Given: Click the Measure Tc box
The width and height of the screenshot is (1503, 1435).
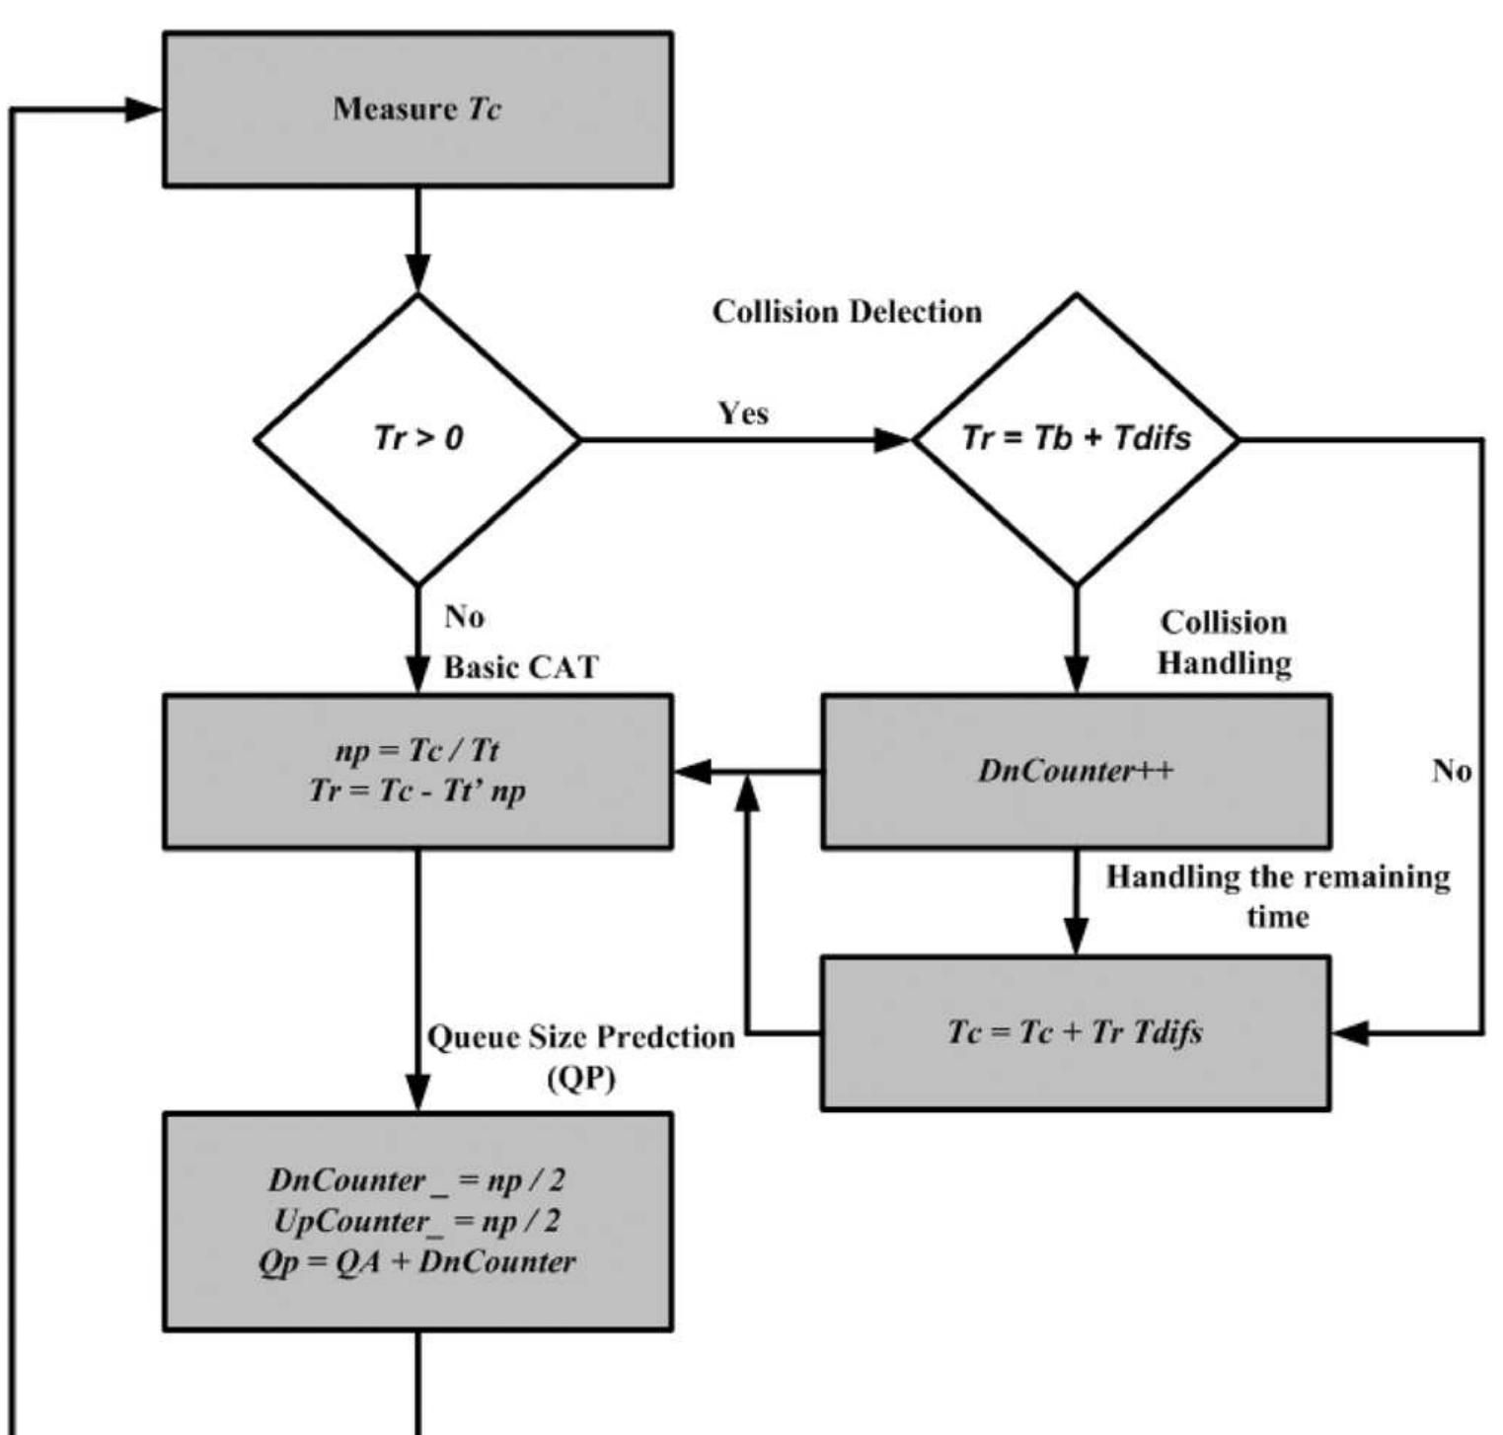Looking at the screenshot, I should click(417, 109).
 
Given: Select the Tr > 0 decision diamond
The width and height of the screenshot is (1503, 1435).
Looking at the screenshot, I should click(417, 439).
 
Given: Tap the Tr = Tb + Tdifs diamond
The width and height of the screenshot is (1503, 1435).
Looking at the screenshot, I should click(1076, 439).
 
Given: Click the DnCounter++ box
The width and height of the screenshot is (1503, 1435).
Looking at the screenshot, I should click(1076, 771).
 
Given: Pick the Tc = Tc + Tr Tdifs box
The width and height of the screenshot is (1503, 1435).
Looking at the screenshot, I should click(1076, 1033).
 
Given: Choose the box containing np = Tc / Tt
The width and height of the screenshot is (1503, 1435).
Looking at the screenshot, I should click(417, 771).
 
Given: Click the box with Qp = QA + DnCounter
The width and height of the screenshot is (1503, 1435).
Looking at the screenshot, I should click(417, 1222).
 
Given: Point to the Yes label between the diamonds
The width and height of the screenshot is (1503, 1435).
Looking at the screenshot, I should click(743, 413).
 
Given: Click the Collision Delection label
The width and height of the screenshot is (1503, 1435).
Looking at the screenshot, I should click(847, 312).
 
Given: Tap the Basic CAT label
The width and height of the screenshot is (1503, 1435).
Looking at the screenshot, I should click(520, 667).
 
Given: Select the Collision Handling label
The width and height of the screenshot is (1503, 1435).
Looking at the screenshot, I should click(1224, 642).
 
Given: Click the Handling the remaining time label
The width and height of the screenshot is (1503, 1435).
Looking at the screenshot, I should click(1277, 896).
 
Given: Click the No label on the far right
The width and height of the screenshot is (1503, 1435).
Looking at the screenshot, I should click(1451, 771).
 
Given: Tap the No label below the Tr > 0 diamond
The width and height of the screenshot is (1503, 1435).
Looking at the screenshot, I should click(464, 617).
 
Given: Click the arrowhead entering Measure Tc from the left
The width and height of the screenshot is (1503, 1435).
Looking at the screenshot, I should click(144, 110).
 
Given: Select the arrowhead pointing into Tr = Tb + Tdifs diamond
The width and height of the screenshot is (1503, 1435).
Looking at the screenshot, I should click(893, 440).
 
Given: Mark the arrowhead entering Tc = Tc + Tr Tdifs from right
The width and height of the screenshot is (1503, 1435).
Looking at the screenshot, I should click(1350, 1033).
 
